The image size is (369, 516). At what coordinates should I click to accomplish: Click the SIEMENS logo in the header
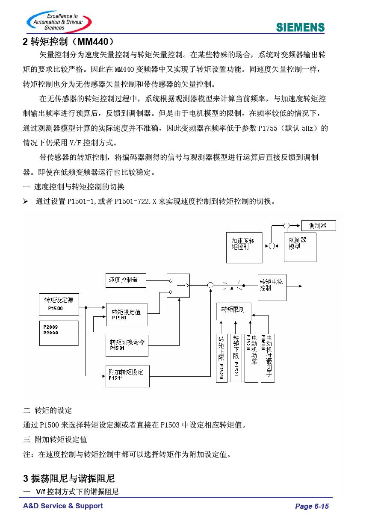coord(300,27)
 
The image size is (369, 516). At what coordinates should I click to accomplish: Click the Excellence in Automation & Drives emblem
coord(59,21)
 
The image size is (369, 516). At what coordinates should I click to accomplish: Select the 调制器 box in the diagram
coord(319,225)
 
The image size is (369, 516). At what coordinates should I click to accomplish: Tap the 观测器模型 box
coord(300,247)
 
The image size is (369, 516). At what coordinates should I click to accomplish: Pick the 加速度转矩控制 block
coord(244,248)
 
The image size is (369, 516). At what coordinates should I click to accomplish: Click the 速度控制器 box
coord(126,280)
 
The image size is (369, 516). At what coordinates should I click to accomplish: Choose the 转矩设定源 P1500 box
coord(59,304)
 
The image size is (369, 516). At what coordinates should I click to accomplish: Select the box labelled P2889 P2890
coord(59,333)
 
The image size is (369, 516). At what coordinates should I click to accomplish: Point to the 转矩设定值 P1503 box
coord(127,315)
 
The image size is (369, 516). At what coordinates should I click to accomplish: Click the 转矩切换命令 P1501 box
coord(127,345)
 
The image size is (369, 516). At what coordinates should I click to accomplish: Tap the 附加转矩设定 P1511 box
coord(127,376)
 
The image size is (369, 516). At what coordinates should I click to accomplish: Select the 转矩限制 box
coord(233,311)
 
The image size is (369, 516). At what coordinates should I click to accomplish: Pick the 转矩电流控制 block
coord(272,287)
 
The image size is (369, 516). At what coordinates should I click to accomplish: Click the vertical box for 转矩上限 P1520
coord(221,358)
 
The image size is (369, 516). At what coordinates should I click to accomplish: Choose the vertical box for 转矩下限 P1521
coord(236,358)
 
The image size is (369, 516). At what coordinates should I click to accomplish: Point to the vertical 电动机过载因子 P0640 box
coord(267,358)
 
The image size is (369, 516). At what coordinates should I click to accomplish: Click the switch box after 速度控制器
coord(178,286)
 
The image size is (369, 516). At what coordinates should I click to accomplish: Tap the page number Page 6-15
coord(312,506)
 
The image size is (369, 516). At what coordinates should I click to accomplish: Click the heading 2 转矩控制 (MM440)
coord(68,42)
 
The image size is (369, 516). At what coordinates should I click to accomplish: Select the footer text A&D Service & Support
coord(63,506)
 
